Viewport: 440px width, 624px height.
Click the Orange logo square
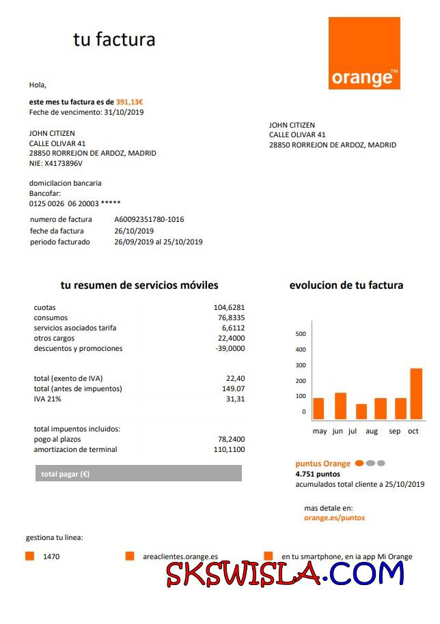(x=364, y=53)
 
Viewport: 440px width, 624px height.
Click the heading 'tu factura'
(x=114, y=40)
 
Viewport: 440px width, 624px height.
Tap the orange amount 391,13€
(x=130, y=101)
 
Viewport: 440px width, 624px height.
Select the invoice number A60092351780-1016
(x=149, y=220)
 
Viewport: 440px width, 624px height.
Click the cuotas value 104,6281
(x=229, y=308)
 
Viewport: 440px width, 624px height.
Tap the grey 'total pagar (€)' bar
(x=138, y=474)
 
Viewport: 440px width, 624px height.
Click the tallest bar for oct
(x=416, y=394)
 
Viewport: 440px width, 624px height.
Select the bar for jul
(x=361, y=412)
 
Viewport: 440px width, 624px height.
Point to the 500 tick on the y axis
(x=301, y=334)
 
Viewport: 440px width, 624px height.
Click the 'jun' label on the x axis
(x=338, y=431)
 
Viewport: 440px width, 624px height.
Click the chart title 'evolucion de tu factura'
(x=346, y=285)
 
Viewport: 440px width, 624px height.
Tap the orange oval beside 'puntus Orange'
(x=359, y=464)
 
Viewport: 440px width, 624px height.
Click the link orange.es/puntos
(x=334, y=518)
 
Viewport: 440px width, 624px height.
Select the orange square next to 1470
(x=29, y=556)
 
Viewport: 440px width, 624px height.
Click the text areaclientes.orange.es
(x=180, y=556)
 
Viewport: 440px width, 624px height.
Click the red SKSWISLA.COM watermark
(x=286, y=575)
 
